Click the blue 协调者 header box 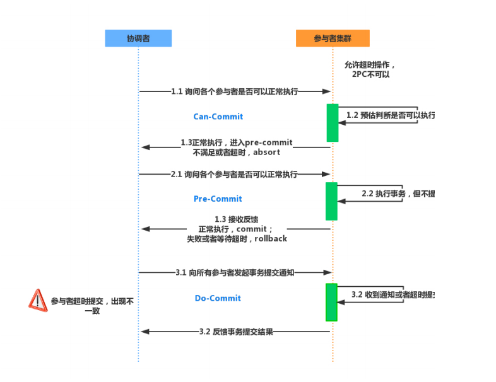point(138,38)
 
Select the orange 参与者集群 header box point(333,38)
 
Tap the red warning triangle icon point(38,300)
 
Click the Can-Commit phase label point(218,117)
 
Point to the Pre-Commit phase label point(218,199)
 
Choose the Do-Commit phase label point(218,298)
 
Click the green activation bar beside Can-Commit point(333,123)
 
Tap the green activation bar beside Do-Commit point(331,302)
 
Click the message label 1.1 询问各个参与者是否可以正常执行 point(234,91)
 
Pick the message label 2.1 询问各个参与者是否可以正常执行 point(234,174)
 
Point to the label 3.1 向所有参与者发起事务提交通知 point(235,273)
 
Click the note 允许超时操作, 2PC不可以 point(370,69)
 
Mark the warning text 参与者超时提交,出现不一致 point(92,306)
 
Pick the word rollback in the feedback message point(271,239)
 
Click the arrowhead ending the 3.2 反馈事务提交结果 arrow point(145,332)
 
